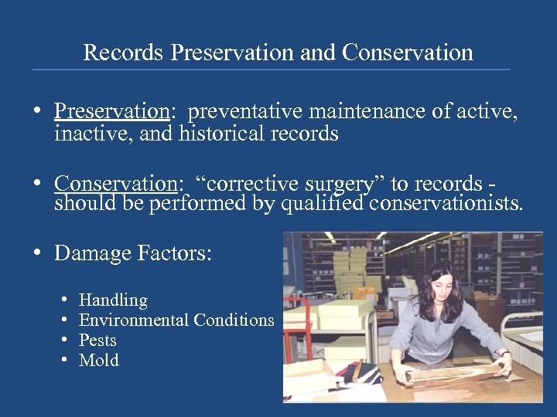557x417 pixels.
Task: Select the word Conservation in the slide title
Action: [x=408, y=53]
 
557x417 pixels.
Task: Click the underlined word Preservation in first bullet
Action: [x=111, y=112]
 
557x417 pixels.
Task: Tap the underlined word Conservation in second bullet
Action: [x=116, y=184]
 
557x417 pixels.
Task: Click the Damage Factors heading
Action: [x=132, y=253]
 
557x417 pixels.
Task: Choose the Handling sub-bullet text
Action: [x=113, y=300]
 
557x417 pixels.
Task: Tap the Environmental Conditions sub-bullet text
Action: [x=176, y=320]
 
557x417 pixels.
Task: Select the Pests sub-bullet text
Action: [x=97, y=340]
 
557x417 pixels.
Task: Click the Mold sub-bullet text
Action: [x=99, y=360]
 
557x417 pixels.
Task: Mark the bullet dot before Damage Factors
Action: [x=37, y=253]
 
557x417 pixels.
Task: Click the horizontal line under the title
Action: [x=271, y=69]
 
